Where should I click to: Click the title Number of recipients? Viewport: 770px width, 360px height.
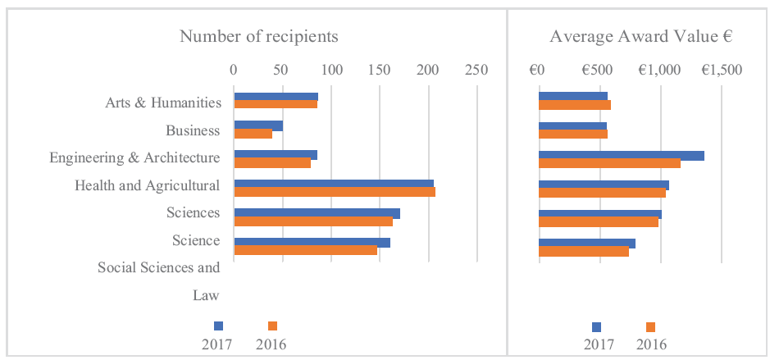click(x=259, y=37)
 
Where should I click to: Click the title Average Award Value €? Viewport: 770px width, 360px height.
click(x=641, y=37)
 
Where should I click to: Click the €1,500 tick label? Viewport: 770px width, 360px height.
click(x=721, y=71)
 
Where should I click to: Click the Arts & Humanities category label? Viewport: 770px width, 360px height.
click(x=162, y=103)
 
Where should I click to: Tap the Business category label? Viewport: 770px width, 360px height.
click(x=193, y=130)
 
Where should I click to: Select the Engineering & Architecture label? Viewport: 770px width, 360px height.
click(x=134, y=158)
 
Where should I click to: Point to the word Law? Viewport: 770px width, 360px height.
click(x=205, y=296)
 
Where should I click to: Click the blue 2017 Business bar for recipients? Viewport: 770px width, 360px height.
click(x=258, y=125)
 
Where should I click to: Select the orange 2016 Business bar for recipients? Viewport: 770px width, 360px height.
click(x=253, y=134)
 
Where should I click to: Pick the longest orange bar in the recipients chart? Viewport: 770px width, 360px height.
click(x=335, y=192)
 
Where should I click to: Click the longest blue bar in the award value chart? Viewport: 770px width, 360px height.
click(x=622, y=156)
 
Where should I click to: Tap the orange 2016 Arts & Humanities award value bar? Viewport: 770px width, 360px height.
click(x=575, y=105)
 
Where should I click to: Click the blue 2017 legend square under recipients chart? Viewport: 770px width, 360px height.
click(x=218, y=326)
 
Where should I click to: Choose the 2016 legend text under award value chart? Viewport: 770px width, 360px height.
click(x=651, y=344)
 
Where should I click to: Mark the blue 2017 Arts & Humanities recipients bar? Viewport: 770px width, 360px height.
click(x=276, y=97)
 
